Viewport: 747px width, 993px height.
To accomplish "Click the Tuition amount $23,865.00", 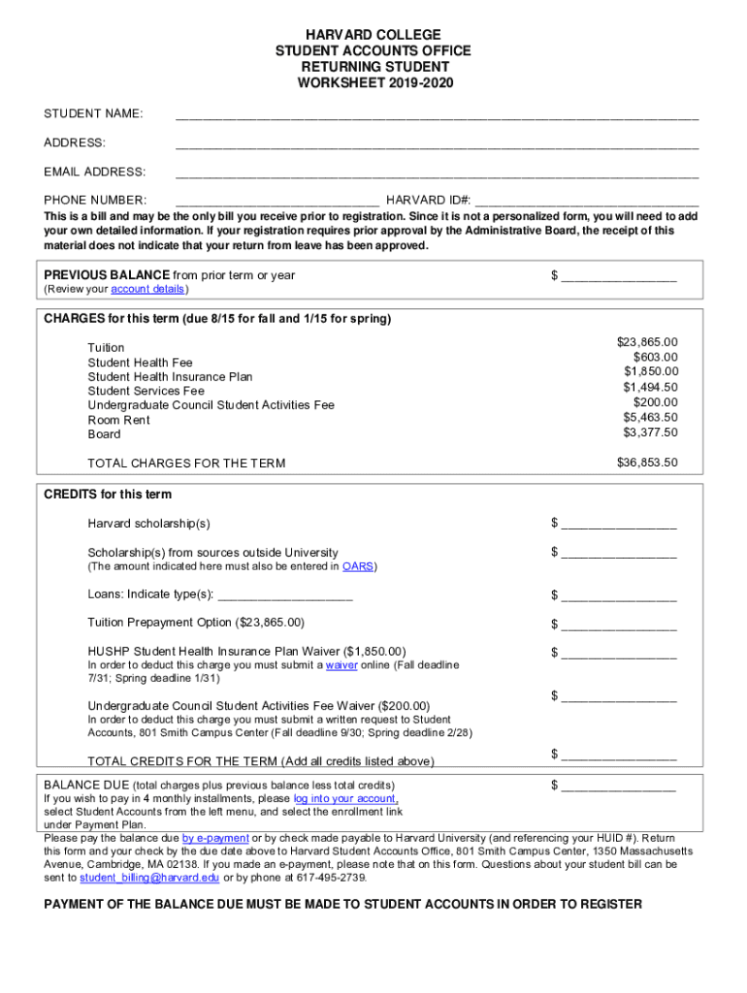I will pyautogui.click(x=647, y=342).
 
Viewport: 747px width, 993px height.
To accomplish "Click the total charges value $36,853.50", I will pyautogui.click(x=647, y=463).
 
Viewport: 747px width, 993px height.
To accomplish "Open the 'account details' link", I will pyautogui.click(x=147, y=290).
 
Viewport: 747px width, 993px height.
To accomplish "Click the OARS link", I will pyautogui.click(x=358, y=566).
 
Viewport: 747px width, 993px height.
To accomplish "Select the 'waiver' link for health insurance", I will pyautogui.click(x=341, y=665).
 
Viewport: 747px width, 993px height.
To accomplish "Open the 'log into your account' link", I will pyautogui.click(x=345, y=799).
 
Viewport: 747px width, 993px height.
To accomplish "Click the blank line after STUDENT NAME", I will pyautogui.click(x=437, y=117).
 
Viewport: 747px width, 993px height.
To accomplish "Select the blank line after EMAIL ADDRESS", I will pyautogui.click(x=437, y=176).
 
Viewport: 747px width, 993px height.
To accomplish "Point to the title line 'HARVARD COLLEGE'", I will pyautogui.click(x=373, y=35).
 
